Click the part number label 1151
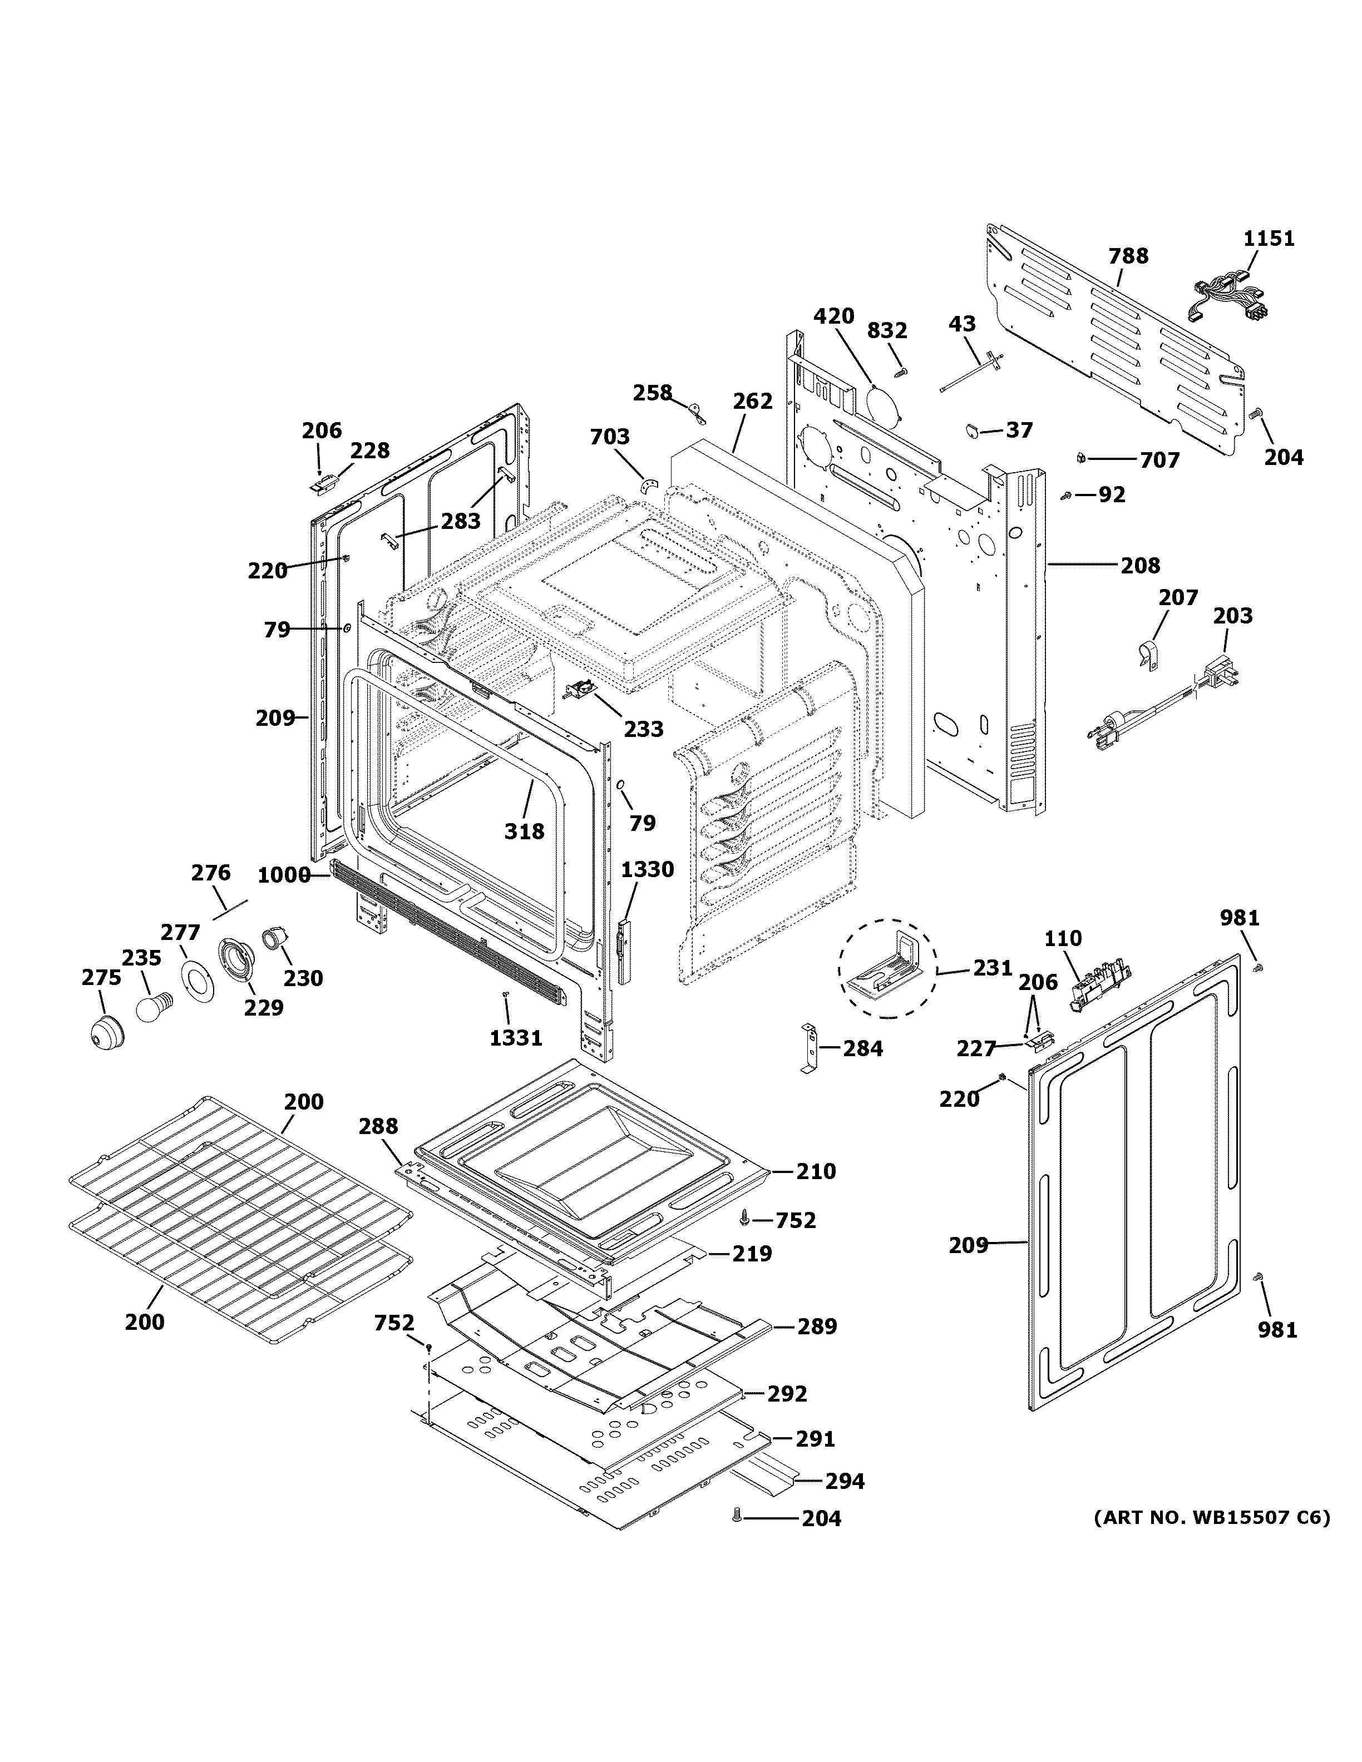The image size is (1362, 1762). pos(1269,239)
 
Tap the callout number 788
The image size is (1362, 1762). pos(1128,256)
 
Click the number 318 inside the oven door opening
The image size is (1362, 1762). pos(525,830)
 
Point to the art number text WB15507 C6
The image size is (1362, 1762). pos(1211,1517)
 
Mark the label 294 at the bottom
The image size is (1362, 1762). pos(844,1481)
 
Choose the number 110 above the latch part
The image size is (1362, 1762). pos(1063,938)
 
